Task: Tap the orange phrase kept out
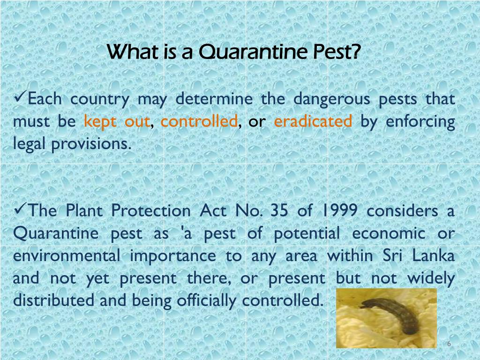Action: [x=116, y=121]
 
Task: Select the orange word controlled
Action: [x=199, y=121]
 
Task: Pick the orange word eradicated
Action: [x=313, y=121]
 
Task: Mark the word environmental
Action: [x=67, y=256]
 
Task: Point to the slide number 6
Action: [x=449, y=344]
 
